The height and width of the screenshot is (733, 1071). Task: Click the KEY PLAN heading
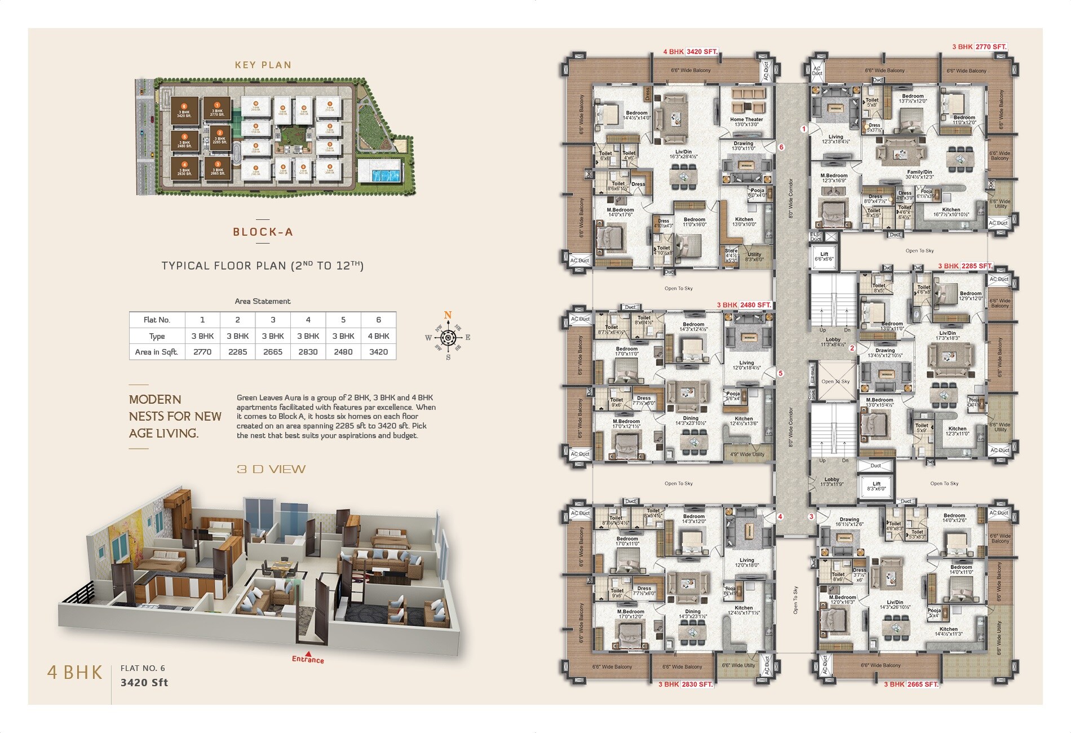tap(263, 65)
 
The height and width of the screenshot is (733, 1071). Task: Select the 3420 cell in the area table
tap(378, 352)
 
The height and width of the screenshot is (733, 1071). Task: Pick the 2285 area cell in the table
tap(237, 352)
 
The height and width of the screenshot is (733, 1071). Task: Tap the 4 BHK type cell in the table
tap(378, 336)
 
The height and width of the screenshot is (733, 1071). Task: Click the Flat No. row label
tap(157, 320)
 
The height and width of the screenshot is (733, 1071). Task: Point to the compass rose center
tap(448, 338)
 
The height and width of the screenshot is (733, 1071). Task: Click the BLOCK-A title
tap(263, 232)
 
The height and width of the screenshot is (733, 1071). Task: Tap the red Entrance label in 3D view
tap(308, 659)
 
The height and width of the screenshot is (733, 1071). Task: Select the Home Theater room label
tap(746, 120)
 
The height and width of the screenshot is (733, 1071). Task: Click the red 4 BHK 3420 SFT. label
tap(691, 51)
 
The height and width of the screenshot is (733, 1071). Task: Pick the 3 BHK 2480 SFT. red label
tap(744, 305)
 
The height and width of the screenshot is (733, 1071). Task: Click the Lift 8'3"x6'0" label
tap(876, 486)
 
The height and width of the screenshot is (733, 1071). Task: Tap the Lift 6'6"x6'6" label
tap(824, 257)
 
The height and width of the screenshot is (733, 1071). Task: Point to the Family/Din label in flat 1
tap(919, 172)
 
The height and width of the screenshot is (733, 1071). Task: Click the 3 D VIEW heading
tap(271, 469)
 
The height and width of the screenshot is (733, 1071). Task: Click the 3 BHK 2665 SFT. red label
tap(911, 684)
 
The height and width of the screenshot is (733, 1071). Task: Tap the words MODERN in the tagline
tap(155, 399)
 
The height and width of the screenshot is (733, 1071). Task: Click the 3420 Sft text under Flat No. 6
tap(144, 682)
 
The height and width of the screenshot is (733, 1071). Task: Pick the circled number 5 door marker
tap(781, 373)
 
